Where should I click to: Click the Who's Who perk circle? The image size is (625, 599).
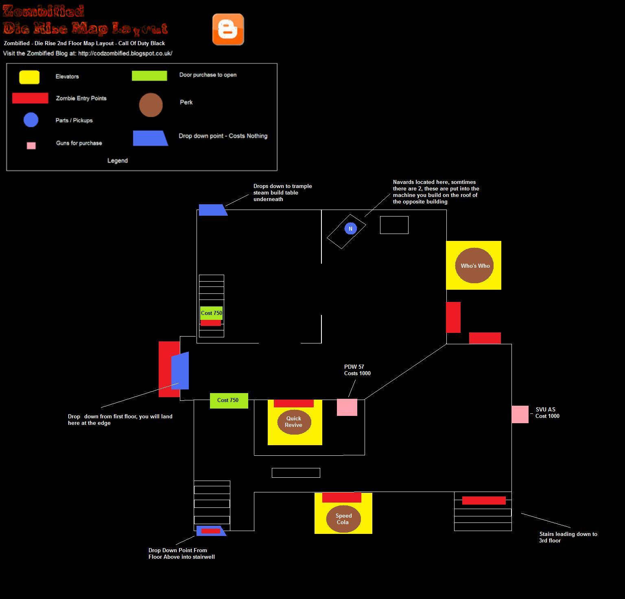(474, 265)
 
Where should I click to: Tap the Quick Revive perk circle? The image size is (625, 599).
(293, 422)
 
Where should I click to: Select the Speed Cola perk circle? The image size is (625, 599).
(343, 519)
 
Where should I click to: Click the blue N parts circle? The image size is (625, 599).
(350, 229)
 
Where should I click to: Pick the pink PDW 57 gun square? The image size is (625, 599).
(347, 407)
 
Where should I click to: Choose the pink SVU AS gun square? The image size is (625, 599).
(520, 414)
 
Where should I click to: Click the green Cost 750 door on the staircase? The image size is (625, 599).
(212, 313)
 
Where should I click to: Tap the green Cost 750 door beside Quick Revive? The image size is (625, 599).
(229, 400)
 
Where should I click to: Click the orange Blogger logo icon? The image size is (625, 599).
(228, 29)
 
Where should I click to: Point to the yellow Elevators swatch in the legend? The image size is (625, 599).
(29, 77)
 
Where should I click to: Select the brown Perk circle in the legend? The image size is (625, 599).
(151, 105)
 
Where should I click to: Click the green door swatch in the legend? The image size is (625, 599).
(149, 76)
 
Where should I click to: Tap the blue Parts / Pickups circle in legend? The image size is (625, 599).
(31, 120)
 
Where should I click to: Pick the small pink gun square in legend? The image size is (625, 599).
(31, 146)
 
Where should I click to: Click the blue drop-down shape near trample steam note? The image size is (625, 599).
(212, 210)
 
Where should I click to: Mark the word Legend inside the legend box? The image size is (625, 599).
(118, 161)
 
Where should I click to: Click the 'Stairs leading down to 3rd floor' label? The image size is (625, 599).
(568, 537)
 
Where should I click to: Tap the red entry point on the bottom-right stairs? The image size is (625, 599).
(484, 501)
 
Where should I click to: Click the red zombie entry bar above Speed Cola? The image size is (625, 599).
(342, 497)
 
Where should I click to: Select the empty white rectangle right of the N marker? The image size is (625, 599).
(394, 225)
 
